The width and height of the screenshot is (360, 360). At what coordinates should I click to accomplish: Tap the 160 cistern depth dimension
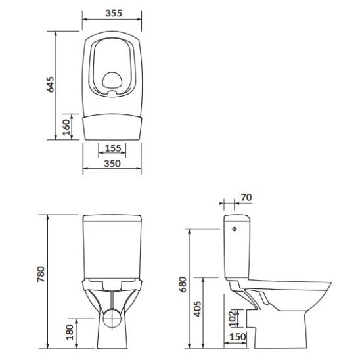[x=66, y=126]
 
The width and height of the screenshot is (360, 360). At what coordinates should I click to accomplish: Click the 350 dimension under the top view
[x=111, y=165]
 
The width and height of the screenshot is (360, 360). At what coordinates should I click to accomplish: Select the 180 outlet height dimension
[x=70, y=331]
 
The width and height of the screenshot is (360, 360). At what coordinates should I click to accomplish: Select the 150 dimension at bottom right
[x=238, y=337]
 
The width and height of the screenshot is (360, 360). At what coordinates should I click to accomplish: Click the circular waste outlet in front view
[x=111, y=322]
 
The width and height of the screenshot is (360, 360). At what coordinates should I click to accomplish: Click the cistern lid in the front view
[x=111, y=217]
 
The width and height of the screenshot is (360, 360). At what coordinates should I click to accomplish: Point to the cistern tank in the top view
[x=111, y=125]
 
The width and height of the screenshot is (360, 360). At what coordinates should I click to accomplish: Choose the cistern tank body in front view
[x=111, y=246]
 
